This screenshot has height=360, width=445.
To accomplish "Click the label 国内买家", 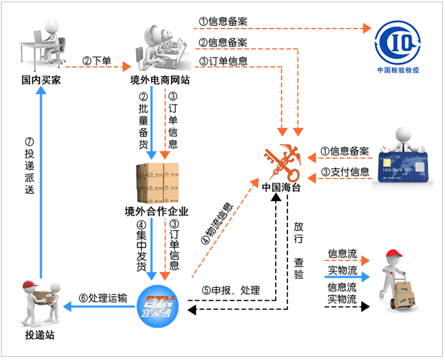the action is (41, 80).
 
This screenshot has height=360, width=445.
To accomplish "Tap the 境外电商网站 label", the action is (160, 80).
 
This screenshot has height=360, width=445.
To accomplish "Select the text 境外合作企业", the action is (156, 211).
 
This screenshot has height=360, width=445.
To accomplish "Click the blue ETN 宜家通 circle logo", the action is (158, 307).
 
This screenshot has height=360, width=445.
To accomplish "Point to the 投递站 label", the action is (40, 335).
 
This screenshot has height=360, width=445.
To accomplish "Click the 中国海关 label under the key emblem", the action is (281, 188).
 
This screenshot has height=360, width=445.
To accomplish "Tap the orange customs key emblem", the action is (282, 162).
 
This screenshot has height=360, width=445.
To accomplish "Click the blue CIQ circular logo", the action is (398, 43).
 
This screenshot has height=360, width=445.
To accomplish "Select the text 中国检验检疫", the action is (398, 70).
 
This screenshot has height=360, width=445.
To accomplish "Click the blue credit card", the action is (403, 167).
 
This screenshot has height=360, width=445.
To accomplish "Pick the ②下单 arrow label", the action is (97, 61).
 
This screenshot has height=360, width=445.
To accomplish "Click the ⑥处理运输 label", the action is (103, 298).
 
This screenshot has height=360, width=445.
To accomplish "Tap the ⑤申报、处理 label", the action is (231, 290).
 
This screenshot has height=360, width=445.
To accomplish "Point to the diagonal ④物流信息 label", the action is (217, 223).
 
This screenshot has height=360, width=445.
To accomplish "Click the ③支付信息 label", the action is (345, 172).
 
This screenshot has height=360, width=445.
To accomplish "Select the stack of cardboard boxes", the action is (158, 183).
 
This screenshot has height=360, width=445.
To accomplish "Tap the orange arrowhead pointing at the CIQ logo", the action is (367, 29).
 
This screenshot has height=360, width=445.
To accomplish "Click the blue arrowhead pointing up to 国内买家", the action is (42, 90).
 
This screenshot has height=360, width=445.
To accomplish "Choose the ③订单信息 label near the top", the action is (223, 61).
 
